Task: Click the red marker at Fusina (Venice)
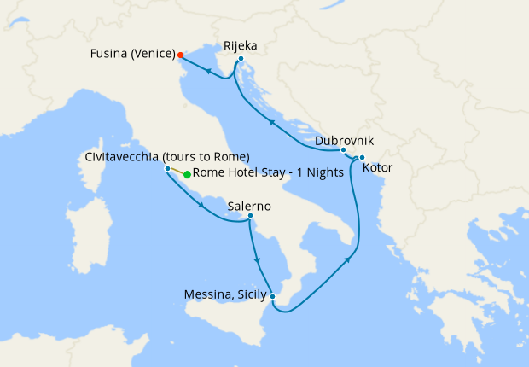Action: (180, 55)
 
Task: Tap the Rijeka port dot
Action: (241, 59)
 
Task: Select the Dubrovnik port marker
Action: (344, 151)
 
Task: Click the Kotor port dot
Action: (362, 157)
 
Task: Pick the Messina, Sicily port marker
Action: (272, 297)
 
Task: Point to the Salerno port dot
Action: (250, 216)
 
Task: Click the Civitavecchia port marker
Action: (167, 169)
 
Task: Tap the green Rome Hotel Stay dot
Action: (187, 174)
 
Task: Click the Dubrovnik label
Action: (344, 139)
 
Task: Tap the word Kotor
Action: (378, 168)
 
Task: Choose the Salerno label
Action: (249, 205)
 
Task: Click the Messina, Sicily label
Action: (225, 296)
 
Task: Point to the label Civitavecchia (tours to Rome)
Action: (166, 157)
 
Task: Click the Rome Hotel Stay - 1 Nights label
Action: (269, 173)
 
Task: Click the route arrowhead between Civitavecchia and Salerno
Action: (201, 205)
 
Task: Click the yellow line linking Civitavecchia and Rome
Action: (177, 172)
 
